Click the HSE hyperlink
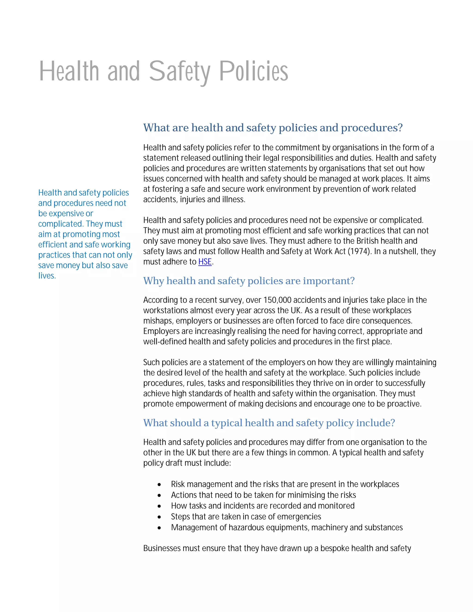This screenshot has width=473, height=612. [205, 262]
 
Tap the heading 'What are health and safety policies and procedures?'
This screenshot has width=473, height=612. [273, 128]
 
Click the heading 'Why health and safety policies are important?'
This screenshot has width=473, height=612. [249, 281]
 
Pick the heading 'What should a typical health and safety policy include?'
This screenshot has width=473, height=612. [269, 423]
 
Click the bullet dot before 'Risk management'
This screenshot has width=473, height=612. [159, 485]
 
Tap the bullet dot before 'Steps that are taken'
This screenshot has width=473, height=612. [159, 517]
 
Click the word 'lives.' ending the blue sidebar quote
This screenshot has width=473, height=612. [47, 276]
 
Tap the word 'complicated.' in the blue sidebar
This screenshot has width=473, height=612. [61, 224]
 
